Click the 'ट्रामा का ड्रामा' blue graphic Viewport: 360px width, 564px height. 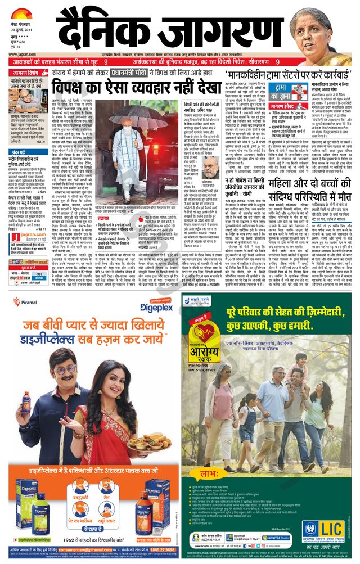[280, 92]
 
